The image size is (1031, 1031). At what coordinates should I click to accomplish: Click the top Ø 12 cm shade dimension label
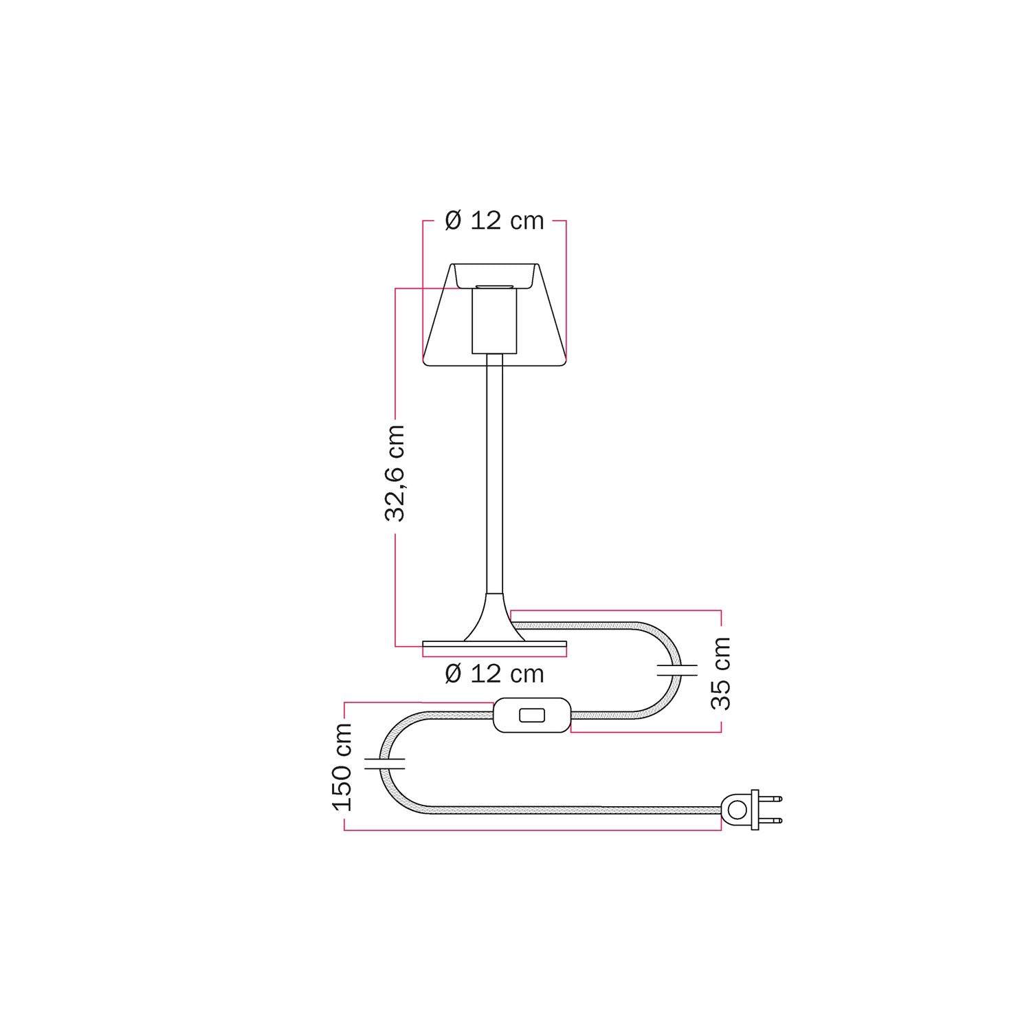pyautogui.click(x=494, y=221)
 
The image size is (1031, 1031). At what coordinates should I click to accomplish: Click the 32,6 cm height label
pyautogui.click(x=395, y=473)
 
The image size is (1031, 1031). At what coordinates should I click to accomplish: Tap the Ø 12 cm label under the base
pyautogui.click(x=494, y=674)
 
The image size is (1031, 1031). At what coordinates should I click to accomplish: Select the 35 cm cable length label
pyautogui.click(x=721, y=674)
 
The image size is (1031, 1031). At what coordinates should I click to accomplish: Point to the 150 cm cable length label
pyautogui.click(x=342, y=767)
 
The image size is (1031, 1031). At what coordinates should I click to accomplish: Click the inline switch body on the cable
pyautogui.click(x=532, y=716)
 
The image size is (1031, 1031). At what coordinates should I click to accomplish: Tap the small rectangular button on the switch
pyautogui.click(x=530, y=716)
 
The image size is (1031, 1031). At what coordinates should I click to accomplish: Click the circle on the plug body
pyautogui.click(x=736, y=810)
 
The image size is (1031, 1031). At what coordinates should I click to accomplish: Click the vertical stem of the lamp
pyautogui.click(x=495, y=474)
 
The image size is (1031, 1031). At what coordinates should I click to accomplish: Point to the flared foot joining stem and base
pyautogui.click(x=495, y=619)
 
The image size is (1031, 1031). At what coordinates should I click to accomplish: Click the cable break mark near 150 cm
pyautogui.click(x=384, y=762)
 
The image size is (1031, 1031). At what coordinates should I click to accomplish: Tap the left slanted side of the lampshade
pyautogui.click(x=436, y=316)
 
